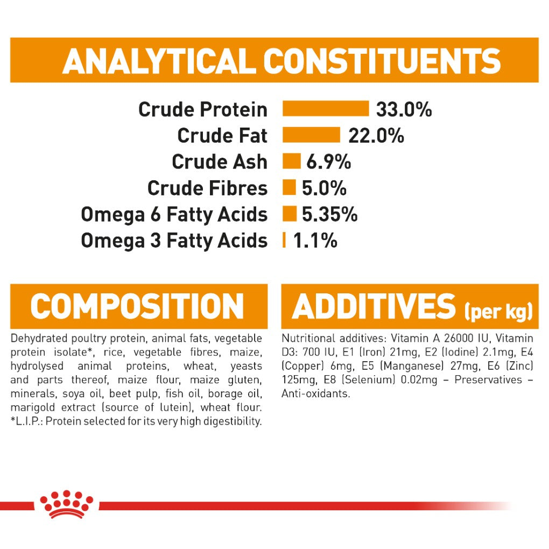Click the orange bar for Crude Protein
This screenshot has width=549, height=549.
pyautogui.click(x=326, y=108)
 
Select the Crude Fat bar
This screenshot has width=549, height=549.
pyautogui.click(x=311, y=135)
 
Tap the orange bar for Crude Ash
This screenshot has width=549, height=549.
pyautogui.click(x=292, y=161)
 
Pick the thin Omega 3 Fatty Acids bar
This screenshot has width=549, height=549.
pyautogui.click(x=284, y=240)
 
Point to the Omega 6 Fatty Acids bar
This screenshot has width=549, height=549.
pyautogui.click(x=290, y=214)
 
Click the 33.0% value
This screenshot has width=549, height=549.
pyautogui.click(x=404, y=109)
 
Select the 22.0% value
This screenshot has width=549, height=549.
pyautogui.click(x=376, y=136)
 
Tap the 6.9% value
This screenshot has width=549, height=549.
pyautogui.click(x=328, y=162)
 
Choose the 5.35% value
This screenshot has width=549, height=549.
pyautogui.click(x=329, y=214)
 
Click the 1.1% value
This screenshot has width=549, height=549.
pyautogui.click(x=315, y=241)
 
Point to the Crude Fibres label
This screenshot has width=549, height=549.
pyautogui.click(x=207, y=188)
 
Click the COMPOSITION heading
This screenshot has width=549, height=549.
pyautogui.click(x=137, y=306)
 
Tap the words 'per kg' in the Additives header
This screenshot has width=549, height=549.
pyautogui.click(x=498, y=311)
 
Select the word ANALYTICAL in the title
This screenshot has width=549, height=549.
pyautogui.click(x=159, y=61)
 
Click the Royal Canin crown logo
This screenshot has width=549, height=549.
pyautogui.click(x=67, y=504)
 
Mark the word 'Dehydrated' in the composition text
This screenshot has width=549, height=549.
pyautogui.click(x=39, y=339)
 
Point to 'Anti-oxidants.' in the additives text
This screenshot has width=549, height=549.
pyautogui.click(x=315, y=393)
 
